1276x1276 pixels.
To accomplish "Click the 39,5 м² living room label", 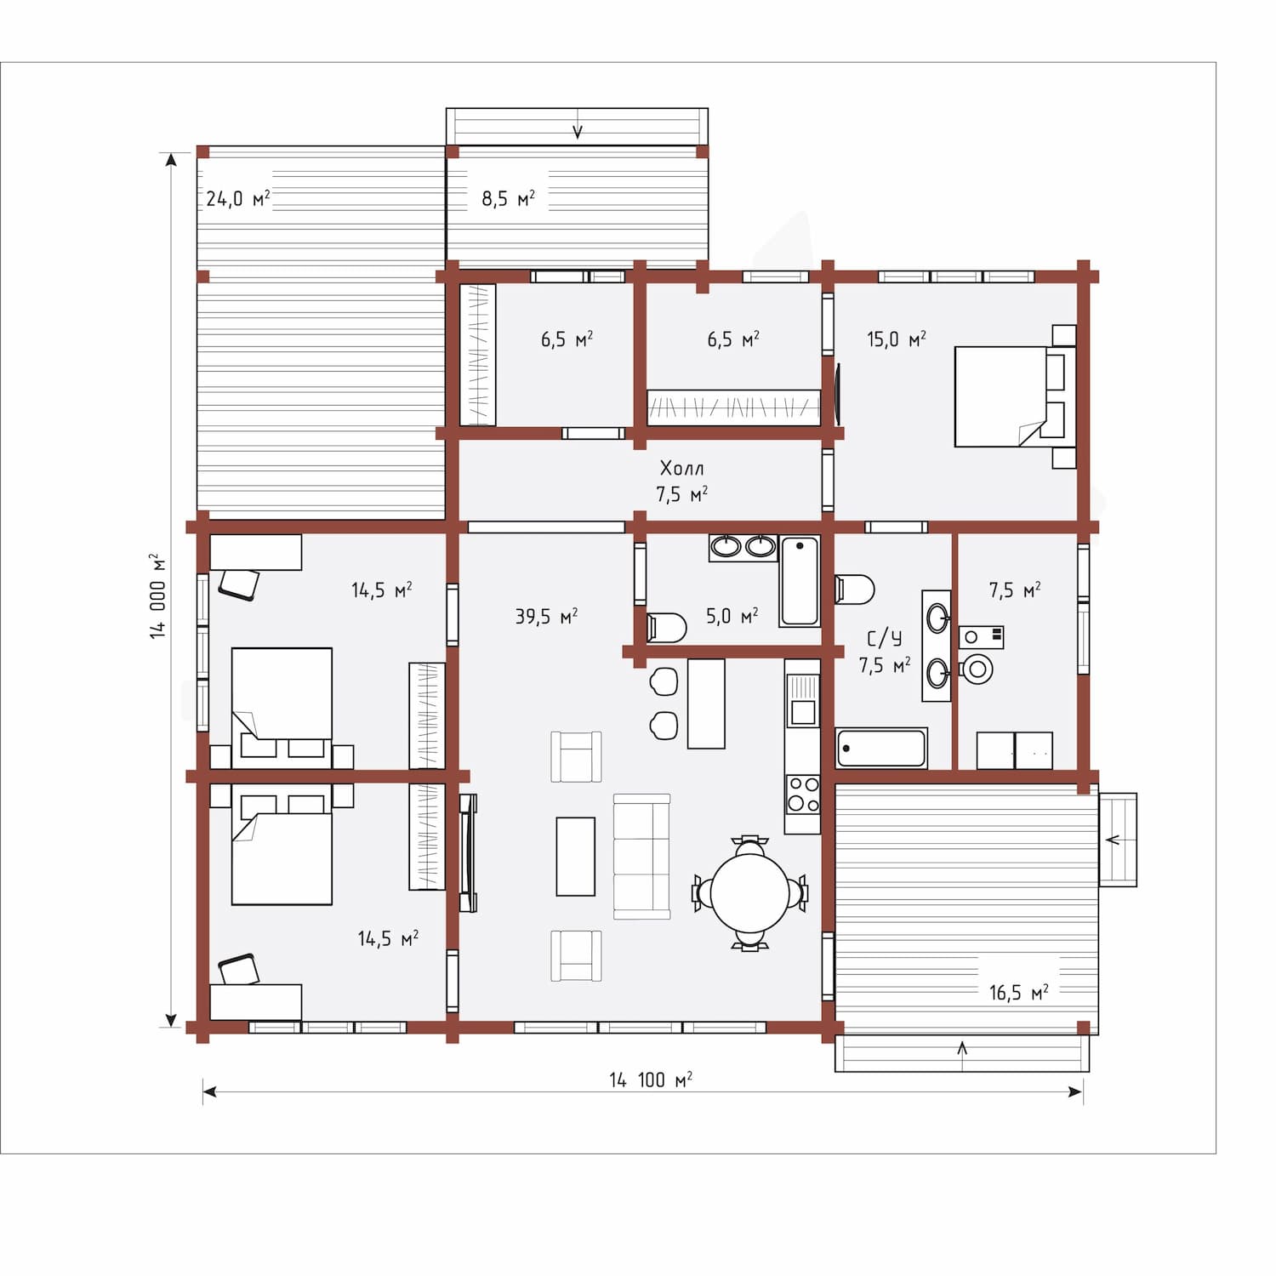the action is pyautogui.click(x=546, y=616).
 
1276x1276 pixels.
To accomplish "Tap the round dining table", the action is pyautogui.click(x=749, y=892).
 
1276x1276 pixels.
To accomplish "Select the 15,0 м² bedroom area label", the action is pyautogui.click(x=897, y=339).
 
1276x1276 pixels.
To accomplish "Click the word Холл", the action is pyautogui.click(x=682, y=468).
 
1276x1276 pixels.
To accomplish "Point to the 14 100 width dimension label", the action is pyautogui.click(x=651, y=1079).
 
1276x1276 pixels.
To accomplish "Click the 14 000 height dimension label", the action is pyautogui.click(x=158, y=595).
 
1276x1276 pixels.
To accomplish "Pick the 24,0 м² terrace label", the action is pyautogui.click(x=238, y=199).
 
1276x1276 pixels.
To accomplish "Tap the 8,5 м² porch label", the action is pyautogui.click(x=509, y=199).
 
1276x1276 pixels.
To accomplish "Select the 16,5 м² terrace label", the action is pyautogui.click(x=1018, y=993).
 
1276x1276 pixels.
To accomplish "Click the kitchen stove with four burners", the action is pyautogui.click(x=802, y=795).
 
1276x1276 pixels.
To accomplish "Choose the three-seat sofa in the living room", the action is pyautogui.click(x=642, y=857).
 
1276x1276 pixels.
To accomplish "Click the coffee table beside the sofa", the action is pyautogui.click(x=576, y=857).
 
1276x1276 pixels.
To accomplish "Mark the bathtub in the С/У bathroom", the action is pyautogui.click(x=881, y=749).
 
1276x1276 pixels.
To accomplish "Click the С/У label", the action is pyautogui.click(x=885, y=638).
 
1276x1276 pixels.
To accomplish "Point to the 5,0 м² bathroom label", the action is pyautogui.click(x=732, y=616).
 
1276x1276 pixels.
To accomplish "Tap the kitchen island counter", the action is pyautogui.click(x=706, y=704).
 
